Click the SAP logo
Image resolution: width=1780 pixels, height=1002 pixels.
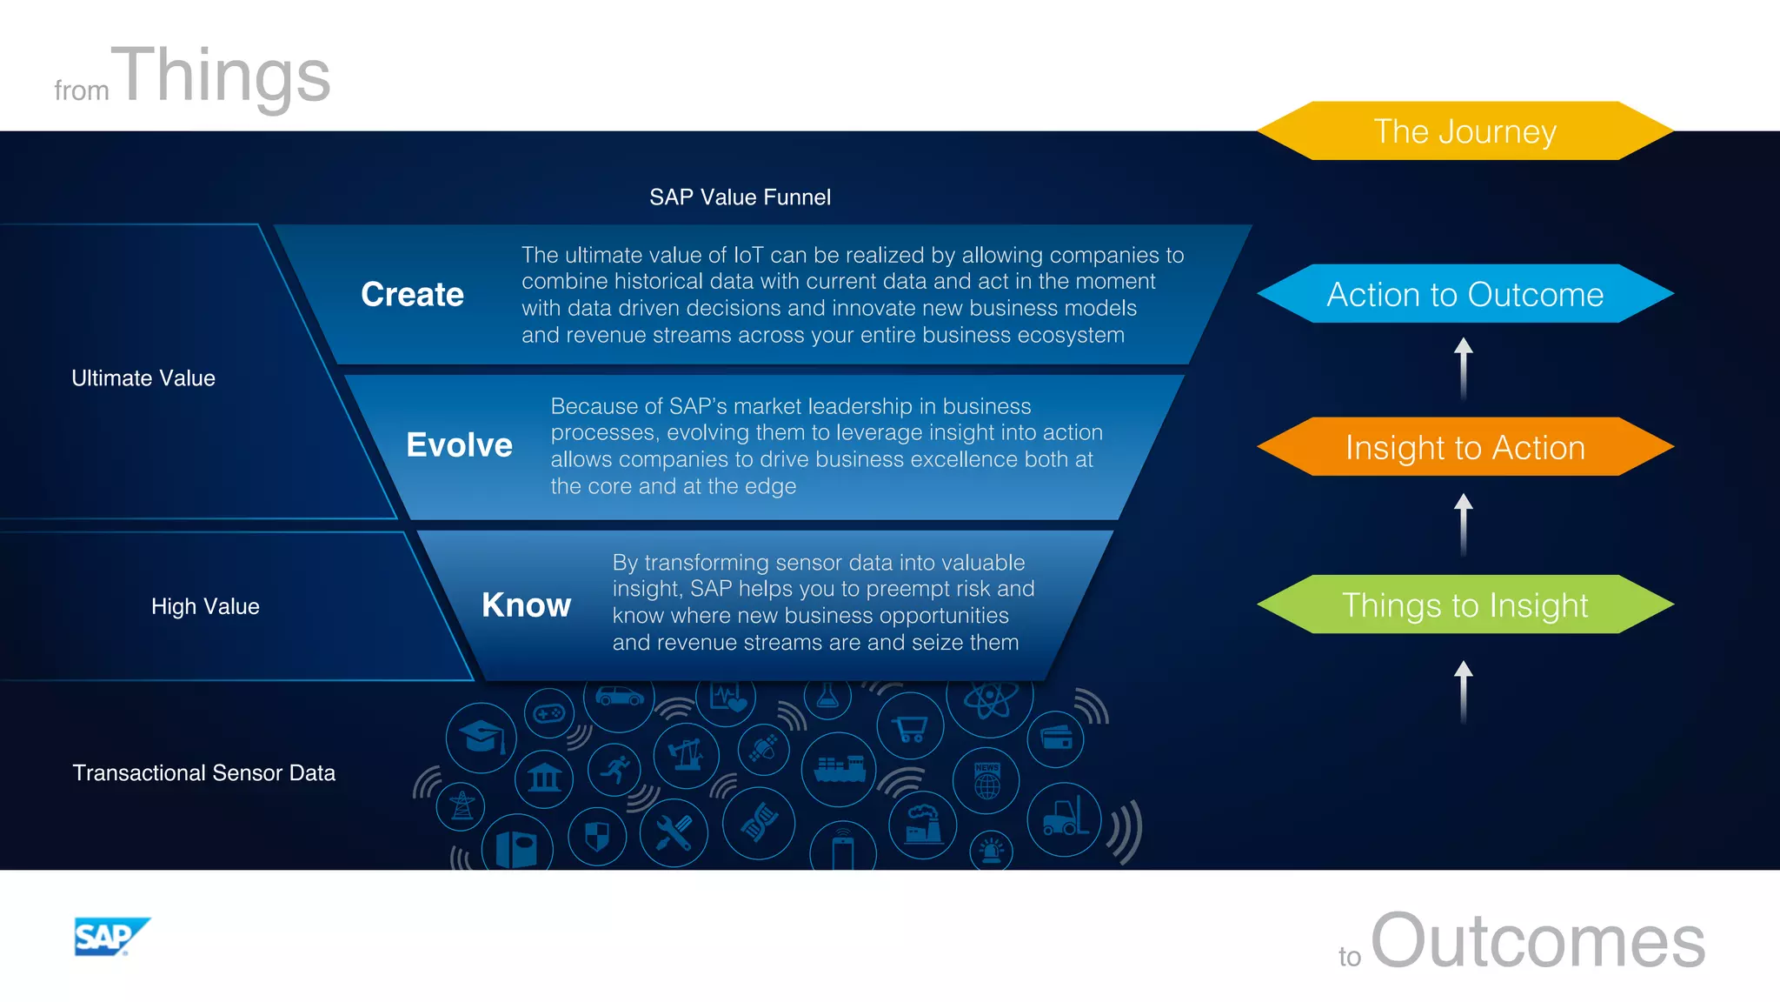point(110,937)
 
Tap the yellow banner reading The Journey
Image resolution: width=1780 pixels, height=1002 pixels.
point(1465,131)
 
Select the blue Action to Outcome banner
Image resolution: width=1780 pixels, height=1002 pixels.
point(1465,294)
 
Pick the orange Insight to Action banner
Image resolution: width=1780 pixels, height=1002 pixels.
point(1465,447)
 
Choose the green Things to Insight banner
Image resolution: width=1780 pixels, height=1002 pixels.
point(1465,605)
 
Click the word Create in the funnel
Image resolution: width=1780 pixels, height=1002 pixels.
point(412,294)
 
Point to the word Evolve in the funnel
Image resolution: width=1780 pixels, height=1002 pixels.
point(459,445)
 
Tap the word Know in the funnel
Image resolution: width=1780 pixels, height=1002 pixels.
point(526,605)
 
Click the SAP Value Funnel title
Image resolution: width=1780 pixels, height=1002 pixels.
point(740,197)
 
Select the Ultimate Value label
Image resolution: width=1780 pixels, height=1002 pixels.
point(143,378)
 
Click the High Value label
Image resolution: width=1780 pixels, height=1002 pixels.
point(205,606)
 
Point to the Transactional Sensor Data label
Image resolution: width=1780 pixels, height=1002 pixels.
point(203,772)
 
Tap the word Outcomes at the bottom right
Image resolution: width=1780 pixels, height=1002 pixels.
point(1538,941)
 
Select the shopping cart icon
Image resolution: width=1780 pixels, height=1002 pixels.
point(909,726)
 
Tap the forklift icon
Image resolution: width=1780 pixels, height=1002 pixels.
point(1064,818)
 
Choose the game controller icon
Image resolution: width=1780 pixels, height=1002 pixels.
point(548,714)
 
